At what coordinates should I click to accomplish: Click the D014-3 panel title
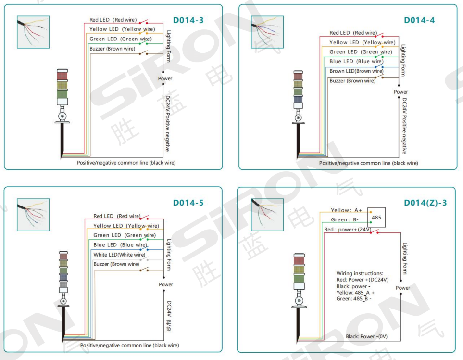click(188, 20)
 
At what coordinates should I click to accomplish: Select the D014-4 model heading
click(419, 20)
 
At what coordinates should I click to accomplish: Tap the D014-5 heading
click(188, 203)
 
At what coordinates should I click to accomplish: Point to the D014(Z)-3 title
click(425, 203)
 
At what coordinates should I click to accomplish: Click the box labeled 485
click(376, 217)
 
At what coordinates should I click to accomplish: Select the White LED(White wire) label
click(119, 255)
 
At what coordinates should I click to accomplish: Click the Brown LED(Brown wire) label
click(356, 71)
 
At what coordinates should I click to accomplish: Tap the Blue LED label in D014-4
click(356, 61)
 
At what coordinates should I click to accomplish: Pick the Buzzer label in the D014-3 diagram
click(112, 49)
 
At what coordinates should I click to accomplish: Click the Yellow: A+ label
click(346, 210)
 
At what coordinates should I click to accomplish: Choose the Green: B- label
click(345, 219)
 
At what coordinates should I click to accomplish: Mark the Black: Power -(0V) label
click(366, 336)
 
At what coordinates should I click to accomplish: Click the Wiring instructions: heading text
click(360, 273)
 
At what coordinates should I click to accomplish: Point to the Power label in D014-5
click(166, 284)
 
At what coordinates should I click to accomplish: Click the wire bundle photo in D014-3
click(33, 32)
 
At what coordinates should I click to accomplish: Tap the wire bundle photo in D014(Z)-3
click(267, 215)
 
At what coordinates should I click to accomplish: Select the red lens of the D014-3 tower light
click(63, 76)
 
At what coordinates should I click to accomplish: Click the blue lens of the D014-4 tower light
click(298, 99)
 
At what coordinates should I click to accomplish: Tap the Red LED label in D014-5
click(117, 216)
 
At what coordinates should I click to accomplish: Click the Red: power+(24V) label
click(348, 230)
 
